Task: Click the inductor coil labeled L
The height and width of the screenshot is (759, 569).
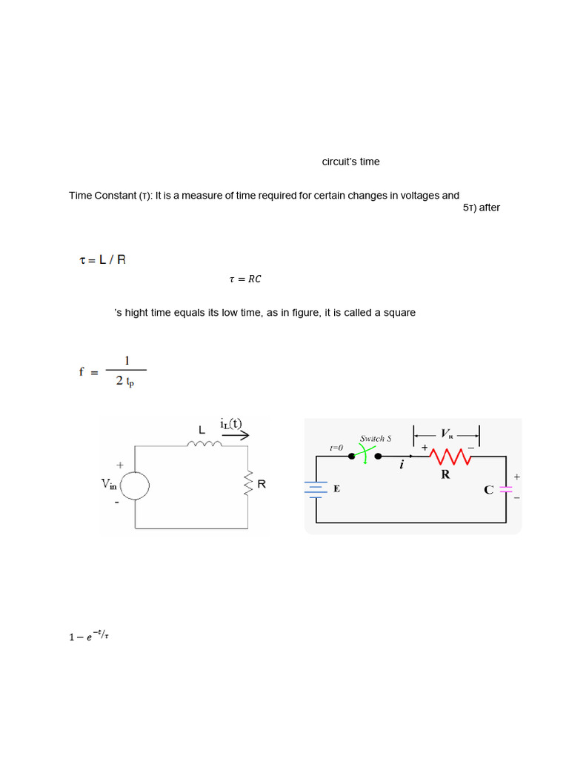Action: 204,445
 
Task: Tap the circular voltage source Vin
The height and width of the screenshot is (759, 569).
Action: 135,486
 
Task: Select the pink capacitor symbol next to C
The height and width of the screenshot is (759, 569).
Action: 506,489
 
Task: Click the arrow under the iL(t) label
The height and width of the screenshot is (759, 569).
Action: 236,436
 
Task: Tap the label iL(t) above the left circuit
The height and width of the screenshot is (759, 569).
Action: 231,423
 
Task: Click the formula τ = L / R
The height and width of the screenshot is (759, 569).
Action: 102,260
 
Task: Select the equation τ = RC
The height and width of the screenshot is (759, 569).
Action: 245,279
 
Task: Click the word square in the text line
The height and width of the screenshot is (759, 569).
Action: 399,313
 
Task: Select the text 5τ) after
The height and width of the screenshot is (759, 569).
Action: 482,208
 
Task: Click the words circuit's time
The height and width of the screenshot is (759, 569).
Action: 350,162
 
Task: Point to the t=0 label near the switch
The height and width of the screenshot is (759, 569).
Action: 336,448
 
